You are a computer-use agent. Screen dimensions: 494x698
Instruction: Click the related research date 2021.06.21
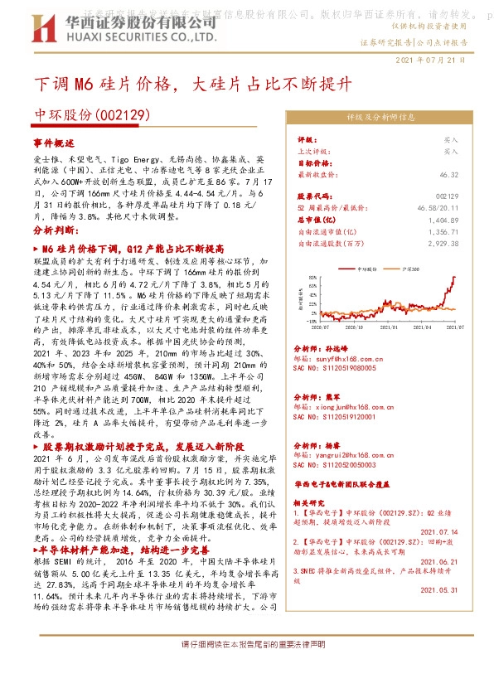coord(439,561)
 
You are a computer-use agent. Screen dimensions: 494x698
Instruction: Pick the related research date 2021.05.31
coord(439,589)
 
